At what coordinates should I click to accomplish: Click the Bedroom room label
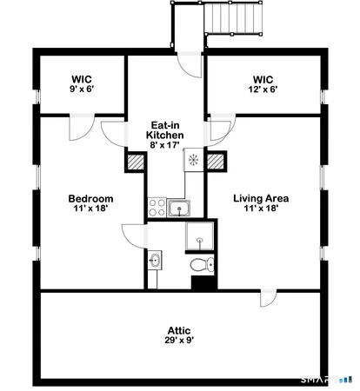(x=90, y=198)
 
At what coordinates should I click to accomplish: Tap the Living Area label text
(x=260, y=198)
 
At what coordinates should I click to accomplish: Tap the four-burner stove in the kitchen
(x=157, y=208)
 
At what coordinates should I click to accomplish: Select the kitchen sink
(x=181, y=208)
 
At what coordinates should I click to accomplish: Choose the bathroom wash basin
(x=155, y=259)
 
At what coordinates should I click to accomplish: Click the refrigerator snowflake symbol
(x=193, y=161)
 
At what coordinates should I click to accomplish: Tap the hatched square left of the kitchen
(x=136, y=161)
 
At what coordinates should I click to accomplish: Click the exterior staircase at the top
(x=233, y=19)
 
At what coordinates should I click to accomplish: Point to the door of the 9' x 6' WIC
(x=79, y=125)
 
